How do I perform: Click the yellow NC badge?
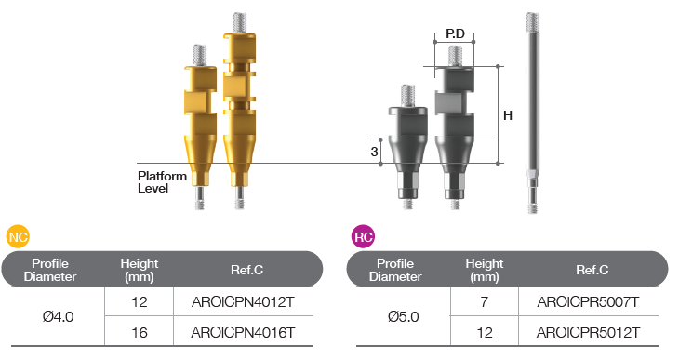[x=18, y=236]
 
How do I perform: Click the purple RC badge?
[x=363, y=236]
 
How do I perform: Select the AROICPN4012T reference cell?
[x=243, y=301]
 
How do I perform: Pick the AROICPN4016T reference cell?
[x=243, y=332]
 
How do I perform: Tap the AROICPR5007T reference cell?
[x=588, y=301]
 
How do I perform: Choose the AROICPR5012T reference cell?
[x=588, y=332]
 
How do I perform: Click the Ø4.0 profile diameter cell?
[x=58, y=316]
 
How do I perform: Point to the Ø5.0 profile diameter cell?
[x=403, y=316]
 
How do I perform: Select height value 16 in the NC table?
[x=140, y=332]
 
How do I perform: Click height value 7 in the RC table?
[x=484, y=301]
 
